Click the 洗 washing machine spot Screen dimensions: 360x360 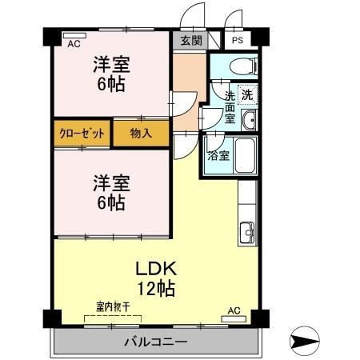pos(248,93)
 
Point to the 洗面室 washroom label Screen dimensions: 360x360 pos(229,106)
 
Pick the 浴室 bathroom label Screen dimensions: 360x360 pos(218,155)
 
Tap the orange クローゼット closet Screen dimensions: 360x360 pos(82,134)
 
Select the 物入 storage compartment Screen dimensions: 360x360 pos(141,134)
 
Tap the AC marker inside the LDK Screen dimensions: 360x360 pos(234,310)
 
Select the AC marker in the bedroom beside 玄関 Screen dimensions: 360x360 pos(74,44)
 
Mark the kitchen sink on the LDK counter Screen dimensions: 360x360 pos(246,235)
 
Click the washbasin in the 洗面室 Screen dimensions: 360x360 pos(248,122)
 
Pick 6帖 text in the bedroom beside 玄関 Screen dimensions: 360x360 pos(110,84)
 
